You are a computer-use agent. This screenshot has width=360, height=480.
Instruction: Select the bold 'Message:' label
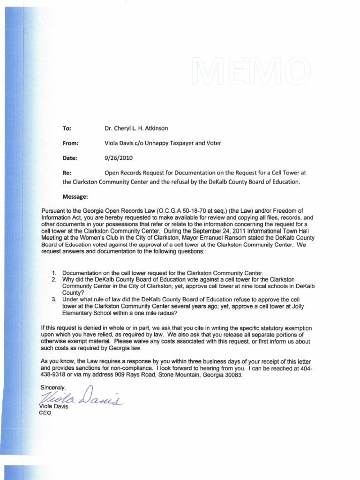coord(75,196)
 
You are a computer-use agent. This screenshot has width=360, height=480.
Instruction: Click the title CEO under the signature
coord(47,413)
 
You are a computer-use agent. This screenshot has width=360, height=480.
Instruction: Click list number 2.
coord(54,279)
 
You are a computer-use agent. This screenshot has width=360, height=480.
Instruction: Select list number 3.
coord(54,299)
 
